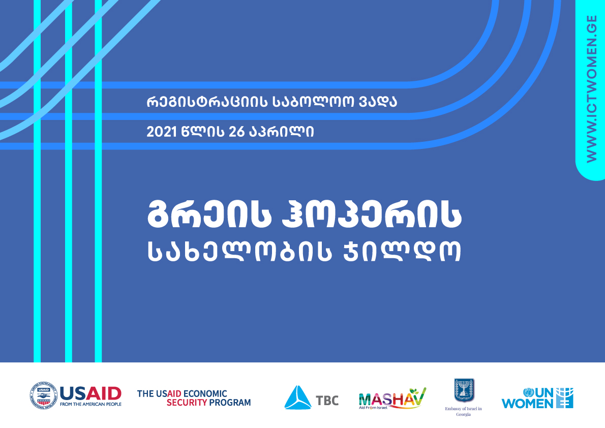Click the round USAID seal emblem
(x=44, y=395)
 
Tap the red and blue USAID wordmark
(x=90, y=394)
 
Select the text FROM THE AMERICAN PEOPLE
(x=90, y=404)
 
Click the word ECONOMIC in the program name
(x=205, y=393)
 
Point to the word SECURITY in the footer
(x=187, y=403)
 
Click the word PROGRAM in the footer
(x=230, y=403)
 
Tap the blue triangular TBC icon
(x=297, y=397)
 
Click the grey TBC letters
(x=327, y=401)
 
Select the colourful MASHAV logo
(x=392, y=399)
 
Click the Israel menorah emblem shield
(x=464, y=390)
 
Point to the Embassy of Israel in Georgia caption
(x=463, y=411)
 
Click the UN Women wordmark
(x=537, y=399)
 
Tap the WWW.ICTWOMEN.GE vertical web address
(x=591, y=89)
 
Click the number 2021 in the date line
(x=162, y=132)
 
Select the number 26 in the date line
(x=236, y=132)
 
